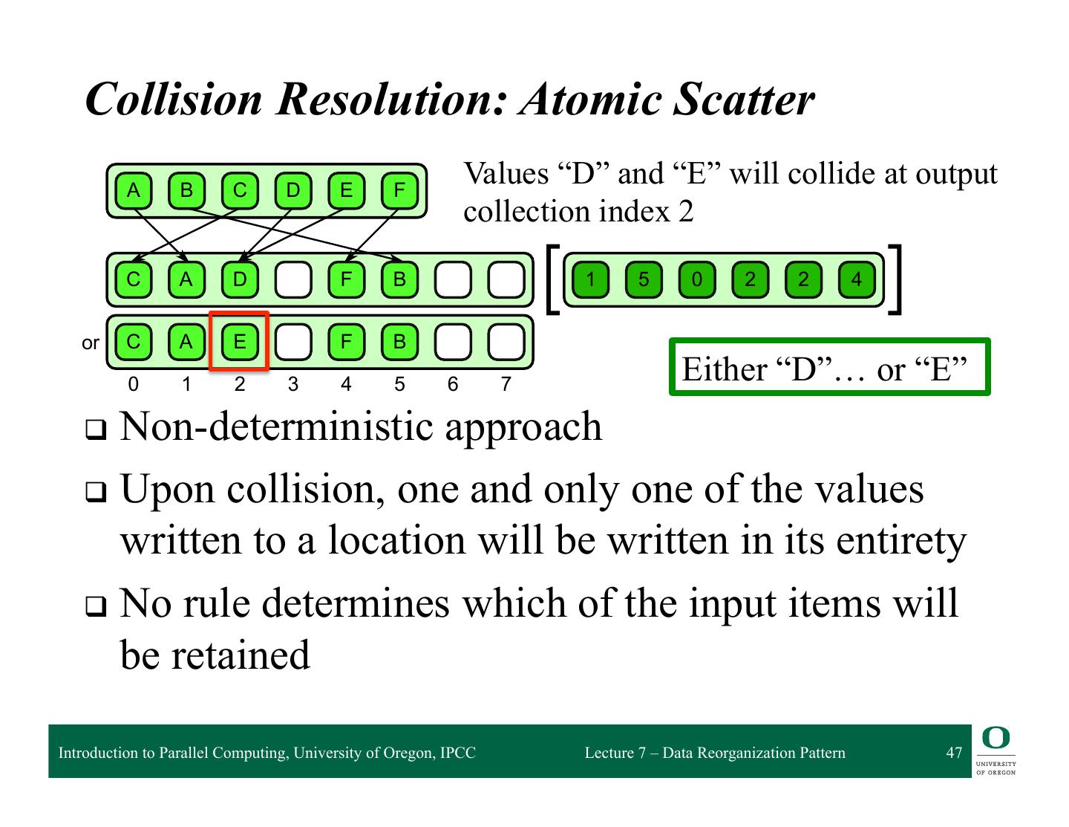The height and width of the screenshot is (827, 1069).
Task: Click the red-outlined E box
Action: coord(239,341)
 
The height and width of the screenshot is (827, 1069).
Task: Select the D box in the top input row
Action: coord(292,190)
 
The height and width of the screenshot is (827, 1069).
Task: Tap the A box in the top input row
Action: coord(133,190)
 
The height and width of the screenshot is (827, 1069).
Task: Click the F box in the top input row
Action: coord(399,190)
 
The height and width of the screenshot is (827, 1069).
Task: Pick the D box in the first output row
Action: coord(239,279)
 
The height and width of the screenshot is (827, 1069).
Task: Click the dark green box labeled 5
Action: coord(643,279)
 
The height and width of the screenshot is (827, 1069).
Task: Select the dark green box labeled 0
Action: coord(696,279)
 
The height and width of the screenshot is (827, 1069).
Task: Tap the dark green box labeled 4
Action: coord(857,279)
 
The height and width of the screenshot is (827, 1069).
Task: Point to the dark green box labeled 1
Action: coord(589,279)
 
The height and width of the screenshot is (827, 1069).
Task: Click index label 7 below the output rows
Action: coord(506,384)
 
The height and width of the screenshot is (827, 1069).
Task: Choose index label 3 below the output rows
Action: coord(292,384)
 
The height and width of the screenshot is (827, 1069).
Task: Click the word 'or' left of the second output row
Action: coord(91,343)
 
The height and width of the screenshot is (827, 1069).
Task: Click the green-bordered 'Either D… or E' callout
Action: coord(829,367)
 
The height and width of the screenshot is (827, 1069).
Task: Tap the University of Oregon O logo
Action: coord(996,738)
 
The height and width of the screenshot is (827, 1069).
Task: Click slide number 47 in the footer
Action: coord(954,753)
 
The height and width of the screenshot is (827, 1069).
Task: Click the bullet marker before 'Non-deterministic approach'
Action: coord(95,429)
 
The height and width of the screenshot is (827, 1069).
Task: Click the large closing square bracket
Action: coord(897,279)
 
